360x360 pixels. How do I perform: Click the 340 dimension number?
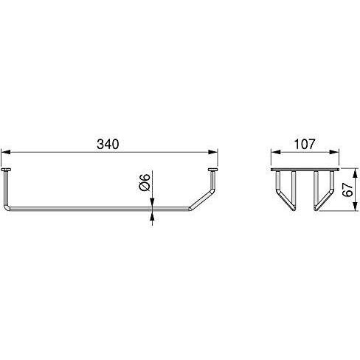point(108,144)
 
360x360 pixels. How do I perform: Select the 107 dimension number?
point(305,144)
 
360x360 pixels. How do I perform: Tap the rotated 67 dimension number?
point(347,190)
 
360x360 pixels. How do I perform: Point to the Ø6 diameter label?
point(145,182)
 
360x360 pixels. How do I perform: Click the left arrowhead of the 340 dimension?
point(6,152)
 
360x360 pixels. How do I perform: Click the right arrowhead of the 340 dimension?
point(213,152)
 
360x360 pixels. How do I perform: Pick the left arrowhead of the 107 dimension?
point(276,152)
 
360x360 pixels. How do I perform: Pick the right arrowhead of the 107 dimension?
point(334,152)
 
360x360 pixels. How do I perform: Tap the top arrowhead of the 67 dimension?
point(355,173)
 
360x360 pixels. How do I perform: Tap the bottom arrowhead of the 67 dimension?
point(355,206)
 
